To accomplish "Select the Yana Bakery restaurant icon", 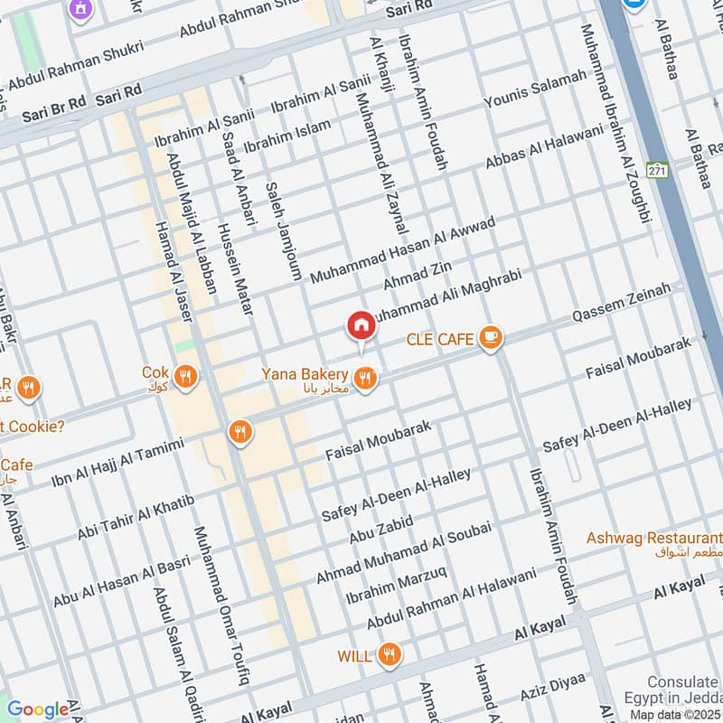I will click(365, 380).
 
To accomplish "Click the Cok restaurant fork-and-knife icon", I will click(185, 376).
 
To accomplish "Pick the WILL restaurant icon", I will click(390, 655).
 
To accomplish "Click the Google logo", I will click(38, 709).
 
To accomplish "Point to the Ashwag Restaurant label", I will click(653, 539).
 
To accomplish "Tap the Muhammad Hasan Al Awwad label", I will click(402, 250).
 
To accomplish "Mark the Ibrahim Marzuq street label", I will click(396, 587).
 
